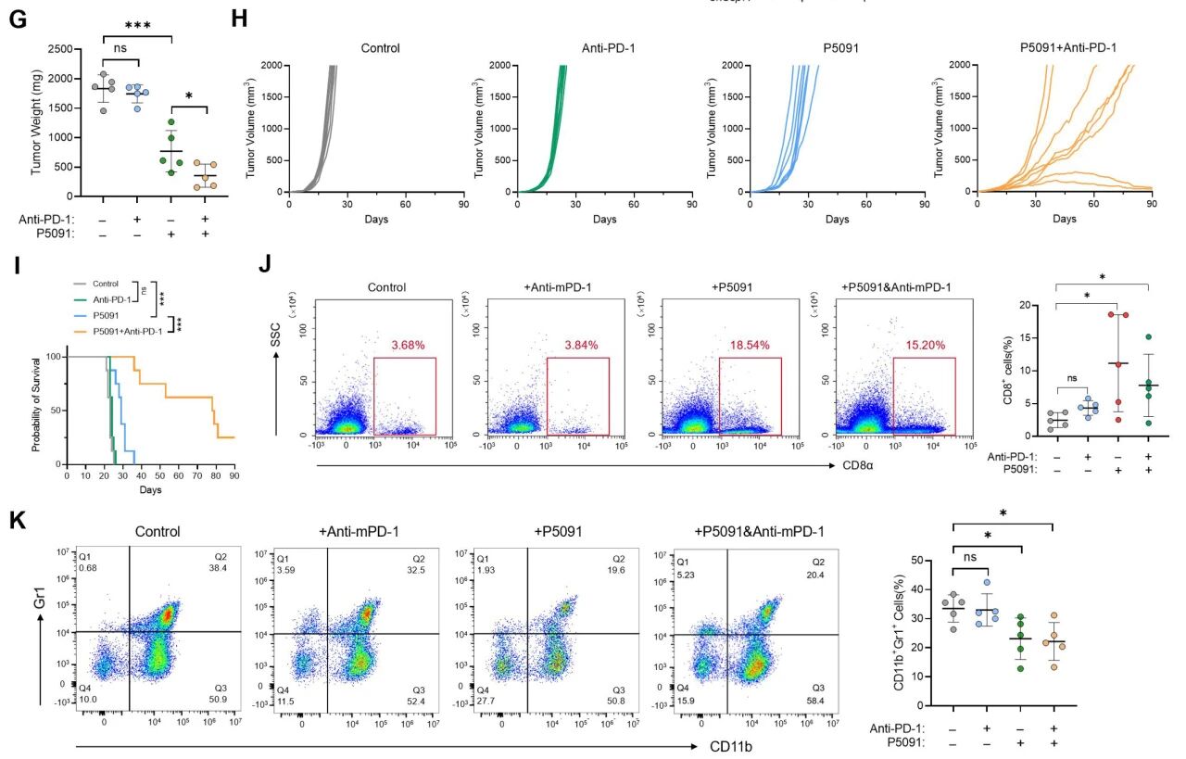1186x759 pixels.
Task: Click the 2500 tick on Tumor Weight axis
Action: click(x=60, y=48)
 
